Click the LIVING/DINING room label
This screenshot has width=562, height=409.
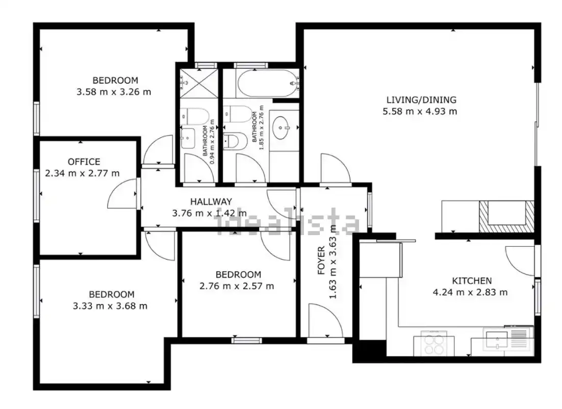tap(421, 99)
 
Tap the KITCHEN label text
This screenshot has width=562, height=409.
tap(472, 280)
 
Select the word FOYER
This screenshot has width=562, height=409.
tap(321, 260)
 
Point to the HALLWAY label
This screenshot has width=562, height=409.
tap(211, 201)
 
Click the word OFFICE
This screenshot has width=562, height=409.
tap(84, 162)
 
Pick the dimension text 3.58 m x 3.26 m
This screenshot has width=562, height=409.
tap(114, 92)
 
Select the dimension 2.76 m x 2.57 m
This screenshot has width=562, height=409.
tap(237, 286)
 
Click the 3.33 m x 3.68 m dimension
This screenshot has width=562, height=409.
tap(110, 306)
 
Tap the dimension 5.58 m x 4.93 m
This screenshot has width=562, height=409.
tap(420, 111)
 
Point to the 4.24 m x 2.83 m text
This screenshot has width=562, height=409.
tap(470, 292)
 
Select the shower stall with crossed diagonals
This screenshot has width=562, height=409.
tap(199, 83)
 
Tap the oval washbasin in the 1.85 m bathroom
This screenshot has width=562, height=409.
tap(282, 127)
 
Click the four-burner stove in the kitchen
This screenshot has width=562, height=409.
tap(434, 343)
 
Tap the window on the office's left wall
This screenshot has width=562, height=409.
tap(37, 195)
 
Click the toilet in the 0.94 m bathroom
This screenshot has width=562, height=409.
tap(194, 116)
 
